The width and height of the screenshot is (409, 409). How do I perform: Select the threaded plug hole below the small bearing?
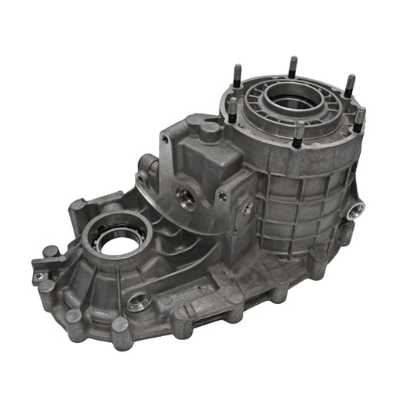point(138,300)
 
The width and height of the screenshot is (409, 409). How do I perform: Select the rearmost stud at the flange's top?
point(292,68)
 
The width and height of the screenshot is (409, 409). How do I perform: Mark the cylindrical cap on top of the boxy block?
point(208,132)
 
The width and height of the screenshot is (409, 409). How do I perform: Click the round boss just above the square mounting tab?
point(51,251)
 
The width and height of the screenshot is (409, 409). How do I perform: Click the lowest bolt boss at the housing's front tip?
point(121,330)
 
